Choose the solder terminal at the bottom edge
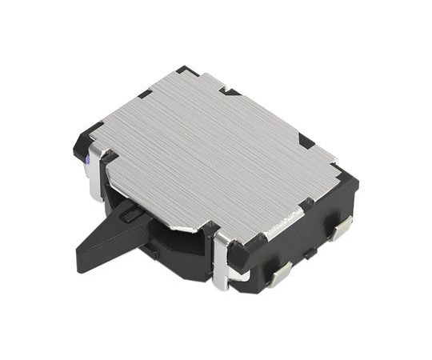tap(280, 275)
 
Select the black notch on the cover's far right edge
tap(306, 140)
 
